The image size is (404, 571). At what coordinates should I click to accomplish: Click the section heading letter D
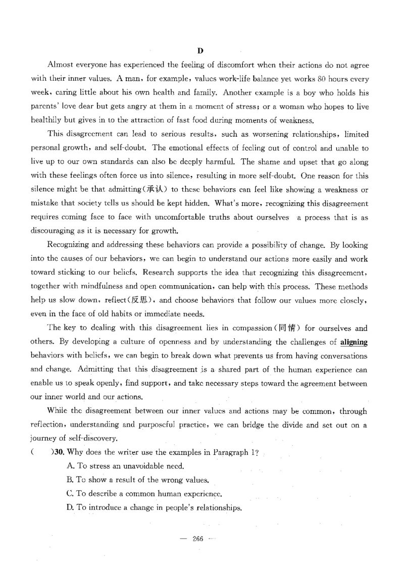[200, 51]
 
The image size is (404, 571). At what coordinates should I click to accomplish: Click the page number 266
[197, 539]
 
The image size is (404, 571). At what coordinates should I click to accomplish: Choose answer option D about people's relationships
[154, 507]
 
